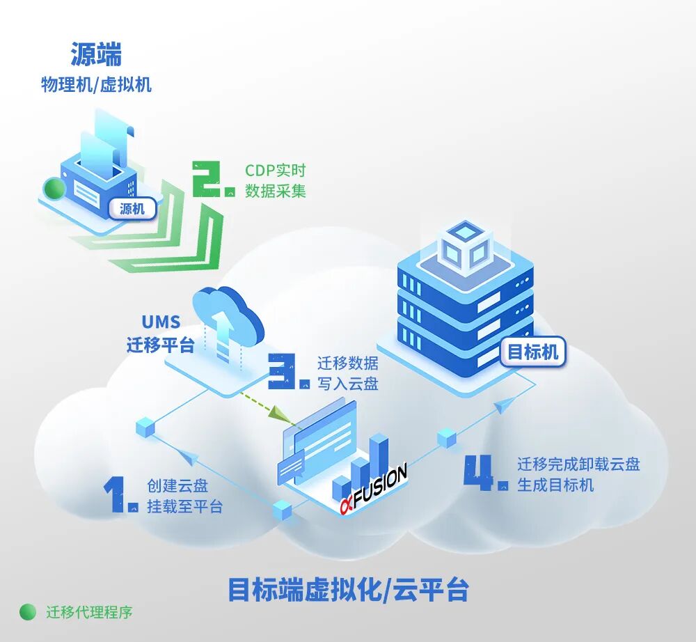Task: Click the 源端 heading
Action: tap(96, 54)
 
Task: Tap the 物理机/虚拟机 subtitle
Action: tap(96, 85)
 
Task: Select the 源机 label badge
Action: tap(132, 208)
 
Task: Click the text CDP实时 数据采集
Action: tap(275, 180)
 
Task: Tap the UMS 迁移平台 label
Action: tap(161, 334)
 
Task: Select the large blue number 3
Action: tap(287, 370)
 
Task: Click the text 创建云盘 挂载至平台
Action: tap(184, 496)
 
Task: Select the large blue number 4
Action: tap(484, 473)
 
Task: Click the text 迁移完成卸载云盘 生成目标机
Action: tap(578, 474)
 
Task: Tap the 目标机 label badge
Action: tap(533, 352)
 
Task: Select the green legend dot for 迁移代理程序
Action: tap(28, 612)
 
